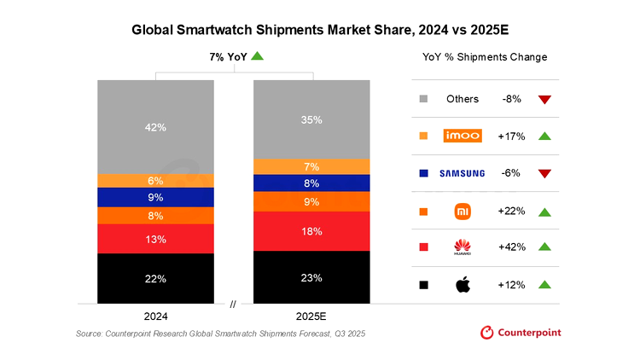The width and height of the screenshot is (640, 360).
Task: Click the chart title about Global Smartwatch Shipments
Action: [x=320, y=30]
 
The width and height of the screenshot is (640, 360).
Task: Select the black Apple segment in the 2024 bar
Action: [x=155, y=278]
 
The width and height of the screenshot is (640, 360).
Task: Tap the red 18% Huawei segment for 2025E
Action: [x=311, y=231]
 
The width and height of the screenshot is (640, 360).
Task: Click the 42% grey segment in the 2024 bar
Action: [x=155, y=126]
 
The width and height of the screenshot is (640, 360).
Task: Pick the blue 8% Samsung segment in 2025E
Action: [x=311, y=183]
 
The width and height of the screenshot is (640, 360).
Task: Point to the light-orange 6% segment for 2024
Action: [x=155, y=180]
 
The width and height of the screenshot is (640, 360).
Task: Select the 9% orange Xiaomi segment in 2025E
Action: [x=311, y=202]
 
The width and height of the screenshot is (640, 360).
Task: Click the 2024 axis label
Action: [x=155, y=314]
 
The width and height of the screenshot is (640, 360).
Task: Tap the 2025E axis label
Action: [x=311, y=314]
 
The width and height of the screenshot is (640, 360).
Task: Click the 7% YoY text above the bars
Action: [x=228, y=56]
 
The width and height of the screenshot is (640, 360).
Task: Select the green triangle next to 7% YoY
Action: [x=257, y=56]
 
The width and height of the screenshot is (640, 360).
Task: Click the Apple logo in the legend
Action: [x=462, y=284]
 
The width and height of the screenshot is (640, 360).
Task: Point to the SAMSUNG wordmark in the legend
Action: [x=462, y=173]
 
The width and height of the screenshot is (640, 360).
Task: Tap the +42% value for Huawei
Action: [x=511, y=247]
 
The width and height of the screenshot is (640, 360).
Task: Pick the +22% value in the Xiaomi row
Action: [x=511, y=210]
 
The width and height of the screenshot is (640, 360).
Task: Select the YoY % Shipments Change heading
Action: [x=485, y=57]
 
